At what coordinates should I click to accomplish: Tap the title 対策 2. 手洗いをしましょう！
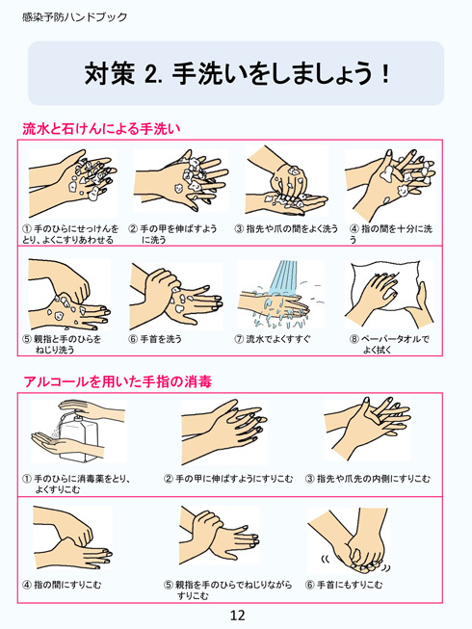(237, 74)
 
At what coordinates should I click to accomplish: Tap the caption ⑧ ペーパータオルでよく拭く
(388, 344)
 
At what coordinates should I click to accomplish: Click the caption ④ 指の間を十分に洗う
(392, 234)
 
